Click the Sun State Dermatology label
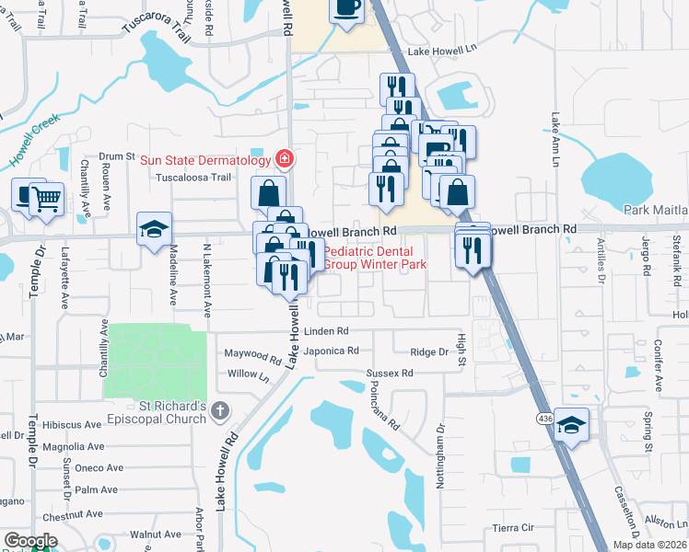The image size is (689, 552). point(206,160)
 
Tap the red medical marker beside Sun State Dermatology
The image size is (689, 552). point(285,159)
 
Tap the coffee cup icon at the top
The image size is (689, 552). point(347,8)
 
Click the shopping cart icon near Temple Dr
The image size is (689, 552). point(46,197)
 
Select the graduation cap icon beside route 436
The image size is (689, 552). point(572,425)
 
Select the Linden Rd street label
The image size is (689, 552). point(329,330)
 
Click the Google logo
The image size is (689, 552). point(30,541)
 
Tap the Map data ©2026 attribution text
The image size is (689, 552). point(649,546)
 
